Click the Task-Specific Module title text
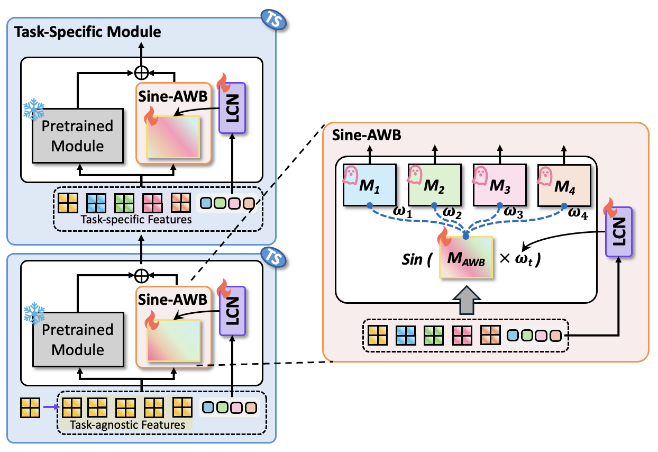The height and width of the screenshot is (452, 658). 88,32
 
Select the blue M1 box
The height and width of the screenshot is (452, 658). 369,185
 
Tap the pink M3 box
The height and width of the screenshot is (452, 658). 499,185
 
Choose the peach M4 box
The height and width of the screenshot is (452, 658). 564,185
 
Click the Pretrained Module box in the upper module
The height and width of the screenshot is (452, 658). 78,135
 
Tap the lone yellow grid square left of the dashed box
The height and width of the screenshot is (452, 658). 30,407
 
